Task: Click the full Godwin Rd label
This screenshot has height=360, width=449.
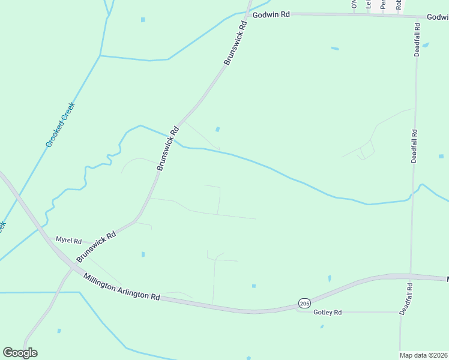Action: coord(271,14)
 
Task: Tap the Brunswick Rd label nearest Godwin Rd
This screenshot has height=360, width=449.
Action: coord(235,44)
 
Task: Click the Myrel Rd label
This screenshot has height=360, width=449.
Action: coord(68,240)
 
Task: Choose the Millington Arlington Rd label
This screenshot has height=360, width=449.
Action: coord(122,287)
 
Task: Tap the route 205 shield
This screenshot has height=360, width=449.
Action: coord(304,304)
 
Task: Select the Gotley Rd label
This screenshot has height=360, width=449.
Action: coord(328,313)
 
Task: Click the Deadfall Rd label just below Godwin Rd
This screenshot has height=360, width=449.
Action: coord(417,40)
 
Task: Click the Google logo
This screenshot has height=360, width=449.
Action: coord(20,353)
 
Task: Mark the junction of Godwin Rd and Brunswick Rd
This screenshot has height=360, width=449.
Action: coord(249,13)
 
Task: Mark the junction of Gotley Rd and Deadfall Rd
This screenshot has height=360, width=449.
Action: coord(401,312)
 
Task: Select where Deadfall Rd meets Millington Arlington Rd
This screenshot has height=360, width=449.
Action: coord(411,276)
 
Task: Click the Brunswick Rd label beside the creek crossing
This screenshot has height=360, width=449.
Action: coord(168,149)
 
